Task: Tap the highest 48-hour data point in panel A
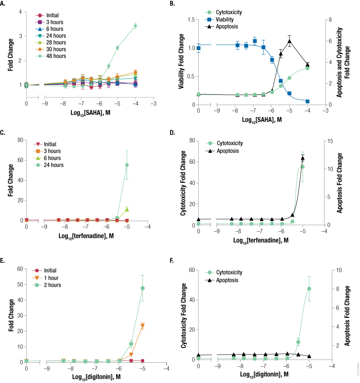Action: [x=135, y=26]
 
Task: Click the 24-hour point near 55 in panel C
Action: [x=127, y=165]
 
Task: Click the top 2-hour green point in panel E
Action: [x=143, y=288]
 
